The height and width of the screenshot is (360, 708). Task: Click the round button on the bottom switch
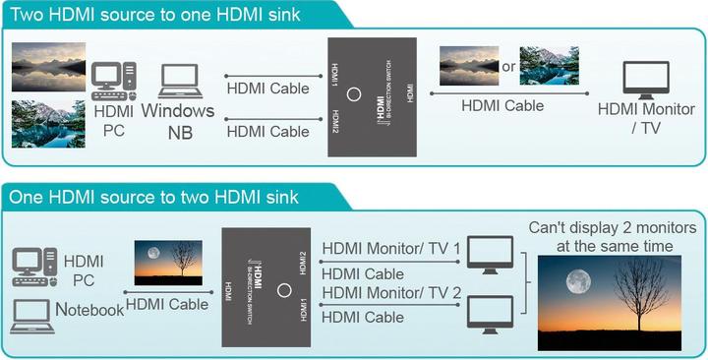coord(284,291)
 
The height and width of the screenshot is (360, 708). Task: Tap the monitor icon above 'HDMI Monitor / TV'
coord(646,80)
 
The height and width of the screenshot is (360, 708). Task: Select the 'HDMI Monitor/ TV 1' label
coord(390,250)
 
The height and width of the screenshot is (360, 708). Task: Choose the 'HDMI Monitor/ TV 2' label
coord(390,292)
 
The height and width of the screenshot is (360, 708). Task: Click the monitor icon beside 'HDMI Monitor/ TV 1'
coord(489,253)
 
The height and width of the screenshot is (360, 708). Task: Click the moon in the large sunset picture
coord(578,281)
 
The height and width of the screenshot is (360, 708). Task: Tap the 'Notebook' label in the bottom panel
coord(89,310)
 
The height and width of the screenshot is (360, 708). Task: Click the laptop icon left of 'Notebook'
coord(32,315)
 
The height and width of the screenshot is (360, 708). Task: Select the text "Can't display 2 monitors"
coord(612,228)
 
